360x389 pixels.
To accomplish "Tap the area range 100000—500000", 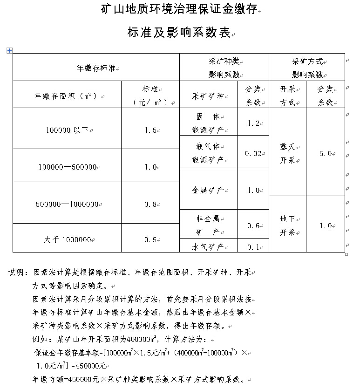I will (x=67, y=167).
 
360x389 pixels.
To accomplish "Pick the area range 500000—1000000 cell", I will (x=67, y=204).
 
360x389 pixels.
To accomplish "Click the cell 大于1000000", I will (x=67, y=239).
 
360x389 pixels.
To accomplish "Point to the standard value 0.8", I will (x=150, y=204).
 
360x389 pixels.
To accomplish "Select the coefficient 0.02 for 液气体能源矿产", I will (x=253, y=153).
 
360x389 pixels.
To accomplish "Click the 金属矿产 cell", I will (x=208, y=190).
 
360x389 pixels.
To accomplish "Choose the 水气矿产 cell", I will (x=208, y=246).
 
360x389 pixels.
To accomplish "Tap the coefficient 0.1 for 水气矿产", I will (x=253, y=247).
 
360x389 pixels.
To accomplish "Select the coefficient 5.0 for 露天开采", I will (x=325, y=153).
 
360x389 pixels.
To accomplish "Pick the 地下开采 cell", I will (x=287, y=225).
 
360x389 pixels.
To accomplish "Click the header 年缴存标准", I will (x=95, y=68).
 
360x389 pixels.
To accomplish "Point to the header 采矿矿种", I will (x=208, y=96).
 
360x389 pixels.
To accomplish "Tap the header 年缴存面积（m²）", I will (x=67, y=96).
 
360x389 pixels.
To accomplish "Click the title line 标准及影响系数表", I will (x=179, y=33).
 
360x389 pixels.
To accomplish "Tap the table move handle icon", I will (x=9, y=50).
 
